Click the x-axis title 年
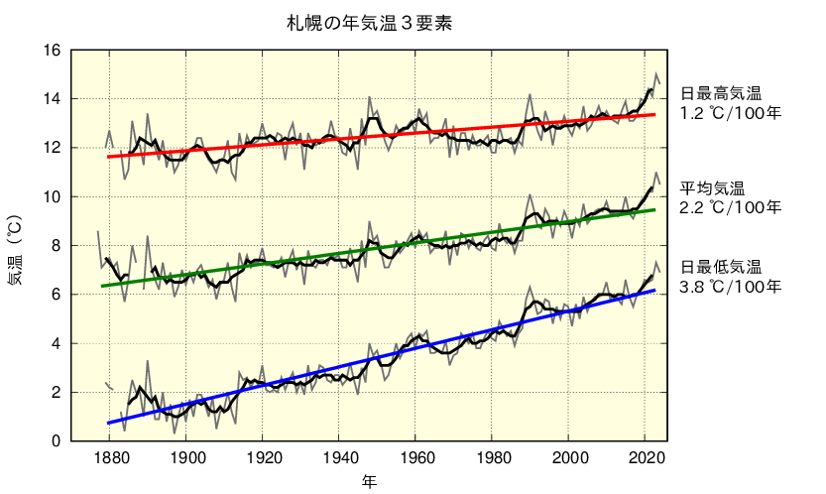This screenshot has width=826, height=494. pyautogui.click(x=369, y=481)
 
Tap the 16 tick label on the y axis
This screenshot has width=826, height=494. pyautogui.click(x=53, y=51)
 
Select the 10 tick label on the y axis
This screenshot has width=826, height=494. pyautogui.click(x=53, y=197)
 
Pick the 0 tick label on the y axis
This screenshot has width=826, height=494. pyautogui.click(x=57, y=441)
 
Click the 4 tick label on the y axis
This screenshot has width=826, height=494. pyautogui.click(x=57, y=343)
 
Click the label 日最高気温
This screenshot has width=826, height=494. pyautogui.click(x=720, y=94)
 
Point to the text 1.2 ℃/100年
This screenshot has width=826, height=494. pyautogui.click(x=730, y=114)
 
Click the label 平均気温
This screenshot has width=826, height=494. pyautogui.click(x=711, y=188)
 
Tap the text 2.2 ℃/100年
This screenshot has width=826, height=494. pyautogui.click(x=730, y=208)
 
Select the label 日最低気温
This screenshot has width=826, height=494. pyautogui.click(x=720, y=267)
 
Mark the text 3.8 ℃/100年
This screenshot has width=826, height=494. pyautogui.click(x=730, y=287)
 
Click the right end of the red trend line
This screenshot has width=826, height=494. pyautogui.click(x=655, y=114)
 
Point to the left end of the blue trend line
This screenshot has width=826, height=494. pyautogui.click(x=107, y=424)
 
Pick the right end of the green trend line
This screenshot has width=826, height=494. pyautogui.click(x=655, y=209)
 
